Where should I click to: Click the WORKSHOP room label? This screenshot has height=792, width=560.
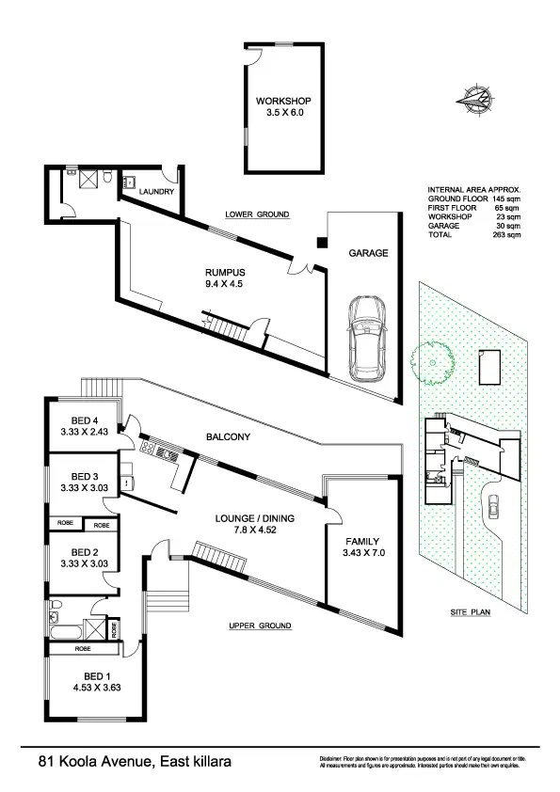click(283, 102)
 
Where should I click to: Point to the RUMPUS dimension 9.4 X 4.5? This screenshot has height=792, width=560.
click(216, 284)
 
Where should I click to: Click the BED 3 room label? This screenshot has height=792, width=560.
click(85, 476)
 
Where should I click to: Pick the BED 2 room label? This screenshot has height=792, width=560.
click(85, 552)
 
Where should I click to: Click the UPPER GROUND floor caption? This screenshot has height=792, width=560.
click(260, 626)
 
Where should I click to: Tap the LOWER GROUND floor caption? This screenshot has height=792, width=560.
click(257, 214)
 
